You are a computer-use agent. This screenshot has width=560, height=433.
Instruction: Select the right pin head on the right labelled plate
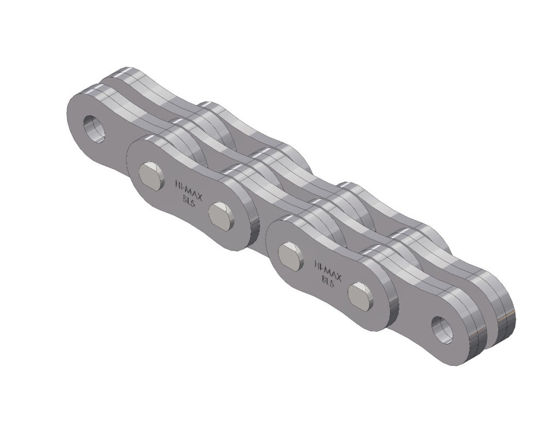coord(360,294)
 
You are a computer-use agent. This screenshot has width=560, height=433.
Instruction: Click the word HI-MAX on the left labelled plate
coord(188,187)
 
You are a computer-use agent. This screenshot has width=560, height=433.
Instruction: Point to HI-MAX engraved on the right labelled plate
coord(328,267)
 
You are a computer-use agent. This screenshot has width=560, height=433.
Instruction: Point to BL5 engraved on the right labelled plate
coord(326,280)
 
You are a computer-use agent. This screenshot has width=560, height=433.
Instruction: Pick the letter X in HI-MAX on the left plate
coord(199,193)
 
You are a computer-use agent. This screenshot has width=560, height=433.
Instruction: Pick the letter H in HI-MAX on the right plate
coord(317,261)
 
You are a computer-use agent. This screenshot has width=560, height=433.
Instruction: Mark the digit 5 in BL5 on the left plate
coord(192,203)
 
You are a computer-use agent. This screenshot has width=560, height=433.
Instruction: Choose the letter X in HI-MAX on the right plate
coord(339,273)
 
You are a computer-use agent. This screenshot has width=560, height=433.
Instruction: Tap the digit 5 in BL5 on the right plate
coord(332,283)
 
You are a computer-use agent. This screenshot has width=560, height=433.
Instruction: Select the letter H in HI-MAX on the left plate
coord(176,181)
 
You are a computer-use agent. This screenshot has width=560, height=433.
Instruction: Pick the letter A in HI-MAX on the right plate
coord(334,270)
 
